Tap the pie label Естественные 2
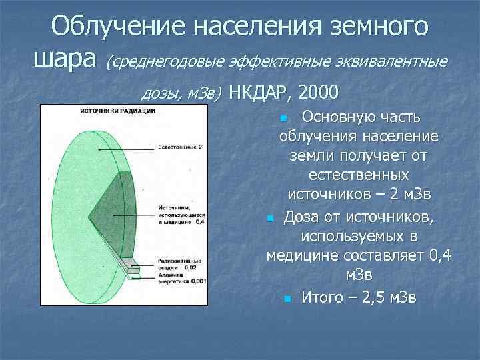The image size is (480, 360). (180, 146)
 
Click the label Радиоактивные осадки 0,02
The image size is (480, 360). (181, 263)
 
